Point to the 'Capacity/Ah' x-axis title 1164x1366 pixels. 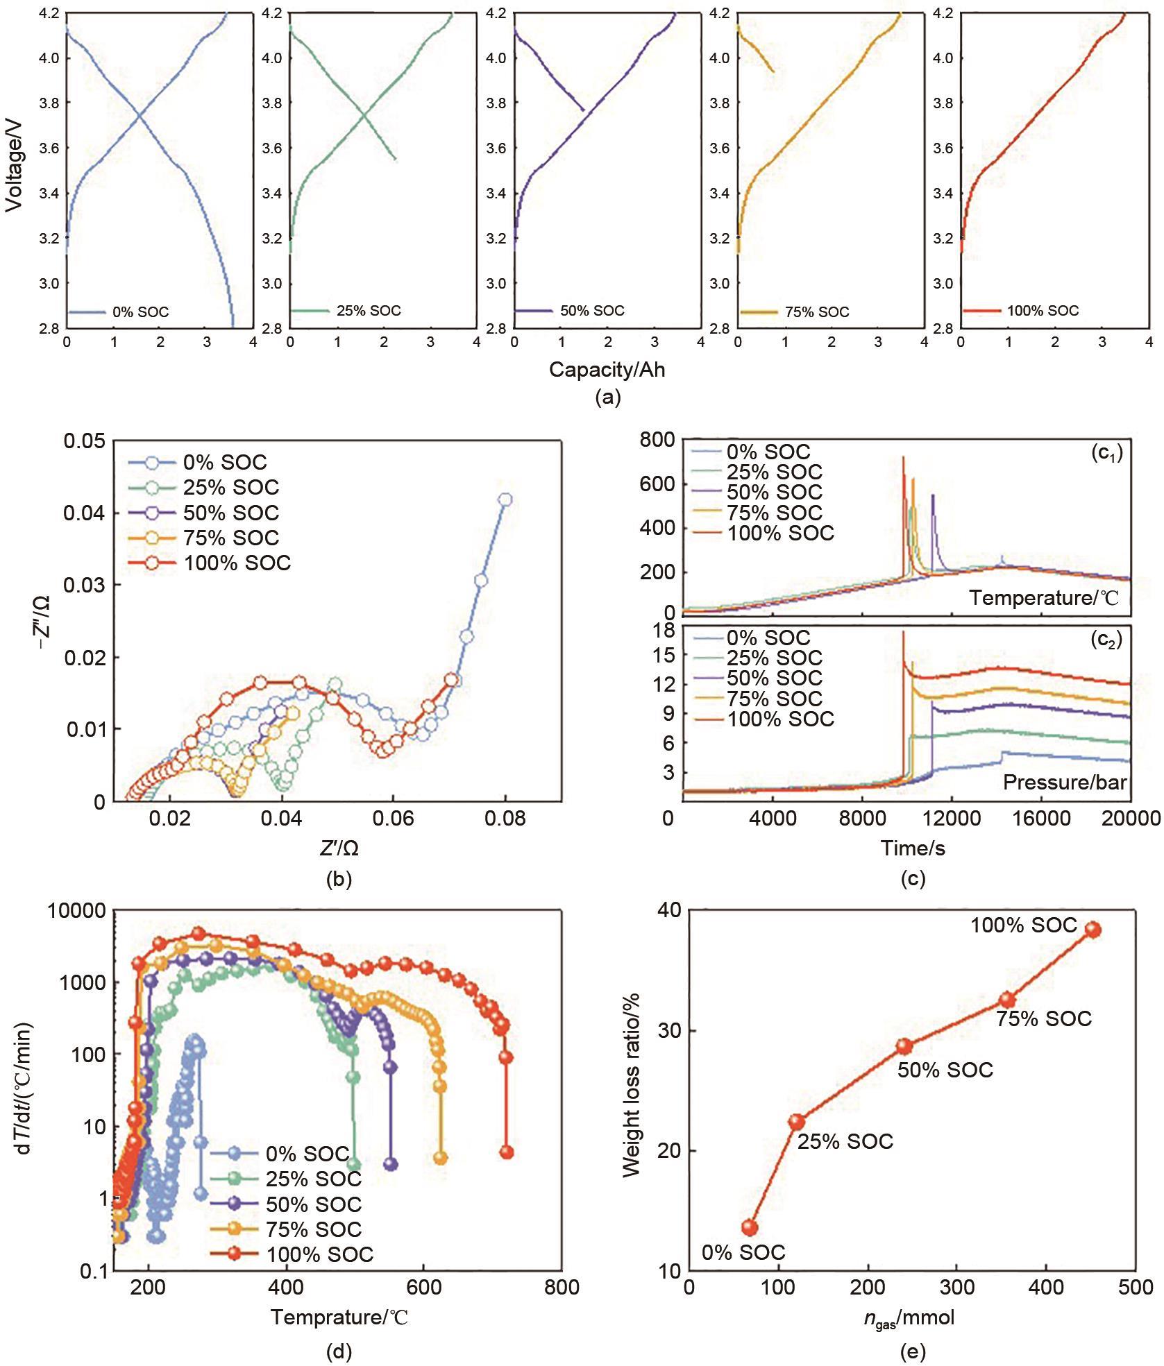coord(607,370)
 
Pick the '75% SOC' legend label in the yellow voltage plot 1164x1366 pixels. coord(817,312)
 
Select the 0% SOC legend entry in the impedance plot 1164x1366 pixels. coord(225,462)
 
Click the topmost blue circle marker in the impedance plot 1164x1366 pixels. coord(505,500)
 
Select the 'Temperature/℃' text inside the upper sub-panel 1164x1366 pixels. coord(1044,597)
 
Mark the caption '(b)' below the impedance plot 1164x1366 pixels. coord(339,880)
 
